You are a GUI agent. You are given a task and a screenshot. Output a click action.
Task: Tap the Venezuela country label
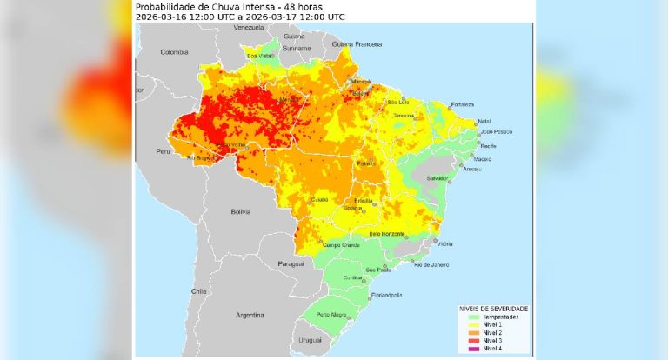[x=249, y=28]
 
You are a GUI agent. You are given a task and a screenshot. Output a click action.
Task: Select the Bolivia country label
[x=240, y=211]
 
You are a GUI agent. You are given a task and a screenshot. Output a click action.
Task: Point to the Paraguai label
[x=291, y=263]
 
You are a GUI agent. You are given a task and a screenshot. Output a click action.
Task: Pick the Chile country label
[x=199, y=292]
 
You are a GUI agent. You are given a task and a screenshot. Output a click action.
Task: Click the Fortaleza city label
[x=463, y=104]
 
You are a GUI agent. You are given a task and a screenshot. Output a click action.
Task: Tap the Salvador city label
[x=438, y=178]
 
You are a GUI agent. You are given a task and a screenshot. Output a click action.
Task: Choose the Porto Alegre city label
[x=331, y=314]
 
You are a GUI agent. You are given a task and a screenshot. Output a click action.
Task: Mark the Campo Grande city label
[x=341, y=245]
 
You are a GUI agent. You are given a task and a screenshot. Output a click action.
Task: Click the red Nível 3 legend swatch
[x=465, y=340]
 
